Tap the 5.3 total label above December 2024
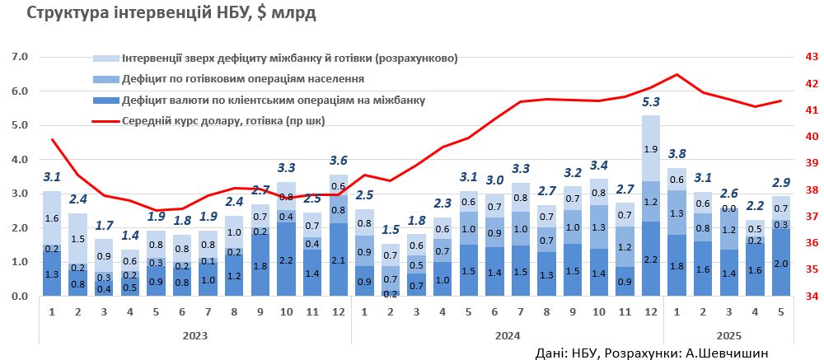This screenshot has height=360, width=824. click(651, 102)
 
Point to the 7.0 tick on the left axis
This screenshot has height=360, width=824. click(19, 57)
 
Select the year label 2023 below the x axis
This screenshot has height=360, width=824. click(194, 335)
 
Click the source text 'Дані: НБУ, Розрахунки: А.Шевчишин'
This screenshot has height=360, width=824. click(651, 353)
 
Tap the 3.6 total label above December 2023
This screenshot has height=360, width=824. click(338, 160)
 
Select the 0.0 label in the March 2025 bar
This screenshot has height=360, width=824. click(728, 209)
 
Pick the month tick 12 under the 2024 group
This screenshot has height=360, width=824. click(651, 312)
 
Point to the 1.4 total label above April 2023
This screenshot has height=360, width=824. click(130, 235)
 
